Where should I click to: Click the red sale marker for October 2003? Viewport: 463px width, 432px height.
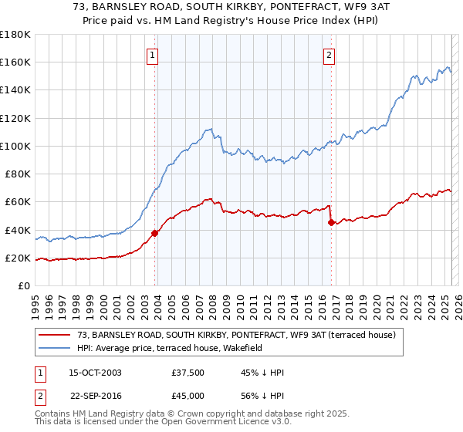(155, 232)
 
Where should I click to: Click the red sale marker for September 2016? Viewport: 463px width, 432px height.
(331, 222)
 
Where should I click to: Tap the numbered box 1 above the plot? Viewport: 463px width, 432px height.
(153, 55)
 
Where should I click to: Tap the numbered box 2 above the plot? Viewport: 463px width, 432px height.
(330, 55)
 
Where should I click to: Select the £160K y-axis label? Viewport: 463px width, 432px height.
(15, 62)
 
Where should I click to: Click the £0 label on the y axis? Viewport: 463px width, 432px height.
(24, 286)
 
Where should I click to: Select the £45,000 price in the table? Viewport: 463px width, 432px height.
(189, 395)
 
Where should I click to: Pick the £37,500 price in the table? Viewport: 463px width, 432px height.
(189, 373)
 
